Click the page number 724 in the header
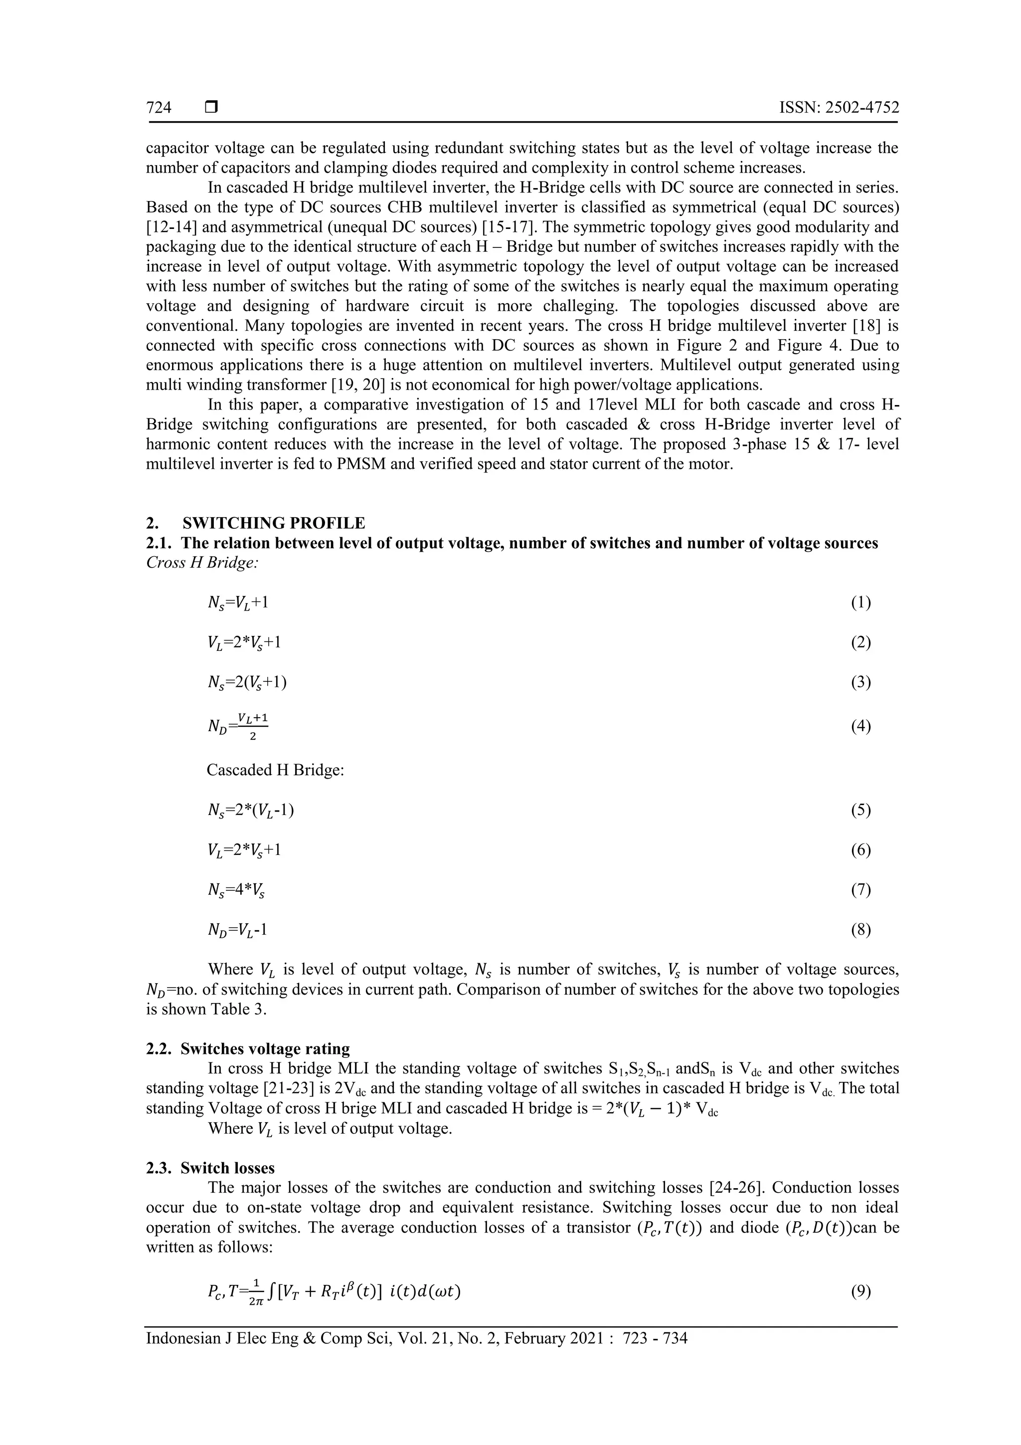(x=159, y=108)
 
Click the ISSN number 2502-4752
(x=840, y=108)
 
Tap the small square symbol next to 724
(x=211, y=108)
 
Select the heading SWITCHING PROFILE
(x=273, y=523)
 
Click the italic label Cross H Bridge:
(x=202, y=563)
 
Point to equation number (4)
(x=860, y=726)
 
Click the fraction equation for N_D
(x=238, y=726)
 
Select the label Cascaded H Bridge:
(x=276, y=770)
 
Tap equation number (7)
(x=860, y=890)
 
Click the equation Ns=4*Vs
(x=236, y=890)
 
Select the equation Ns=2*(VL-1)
(x=250, y=810)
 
